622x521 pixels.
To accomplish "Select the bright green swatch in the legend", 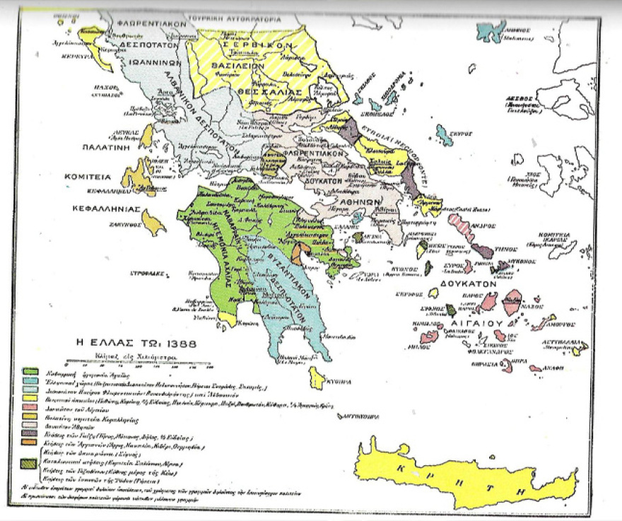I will pos(30,370).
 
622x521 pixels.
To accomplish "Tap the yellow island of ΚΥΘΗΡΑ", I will pos(317,379).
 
